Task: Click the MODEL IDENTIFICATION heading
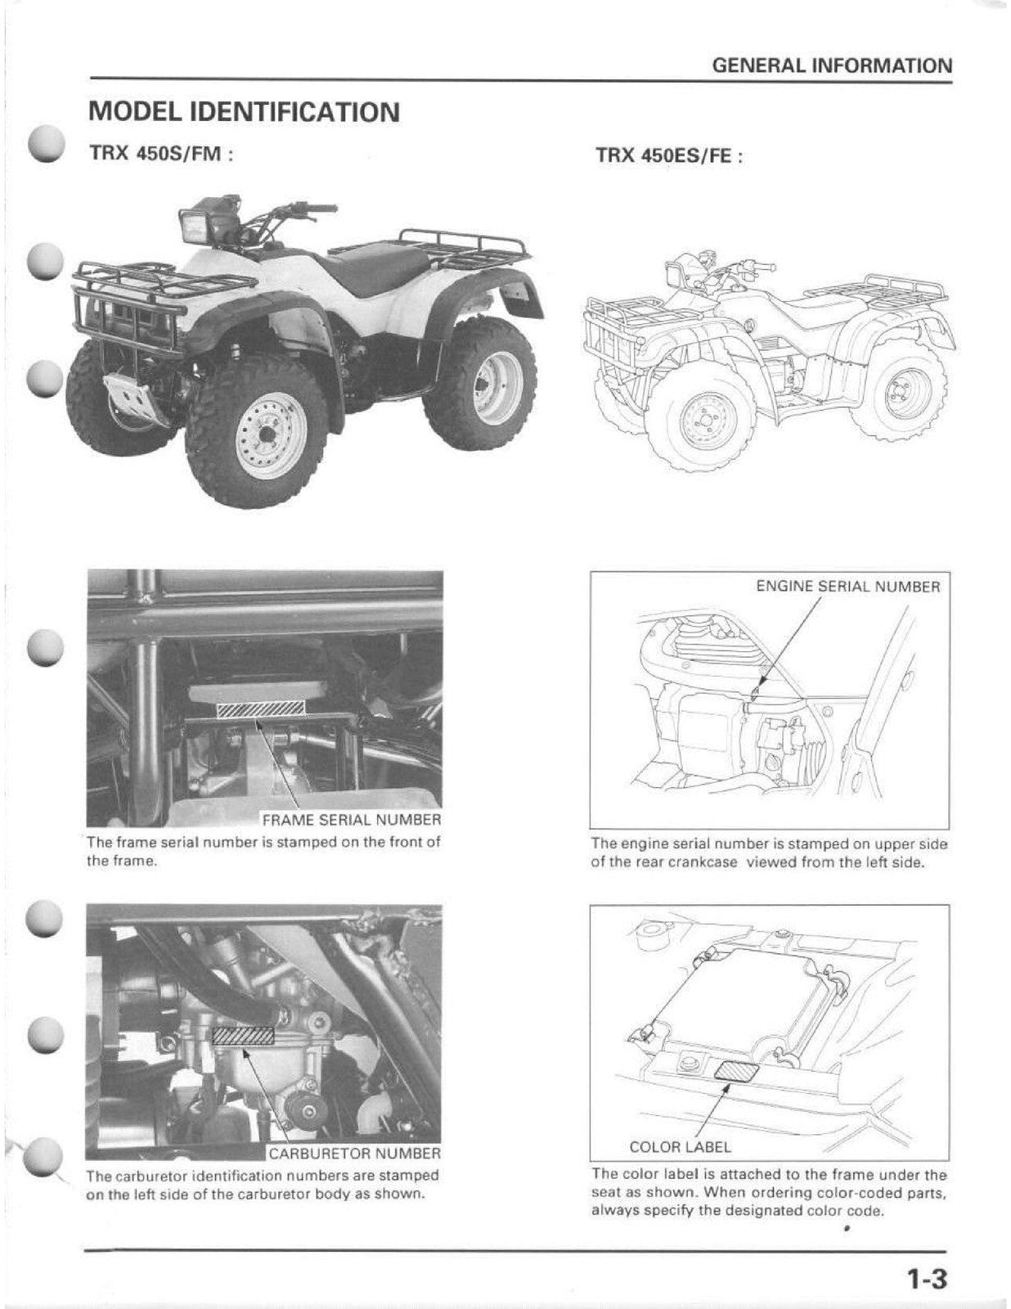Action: click(244, 112)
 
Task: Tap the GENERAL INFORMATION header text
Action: click(832, 65)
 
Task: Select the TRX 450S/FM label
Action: click(161, 153)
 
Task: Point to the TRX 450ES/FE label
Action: click(668, 155)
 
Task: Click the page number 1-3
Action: click(925, 1277)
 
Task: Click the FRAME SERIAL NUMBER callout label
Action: click(351, 819)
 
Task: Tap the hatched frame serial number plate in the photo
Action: click(260, 709)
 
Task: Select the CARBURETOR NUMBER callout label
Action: click(354, 1154)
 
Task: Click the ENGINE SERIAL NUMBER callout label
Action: click(847, 587)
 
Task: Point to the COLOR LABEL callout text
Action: click(680, 1147)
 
